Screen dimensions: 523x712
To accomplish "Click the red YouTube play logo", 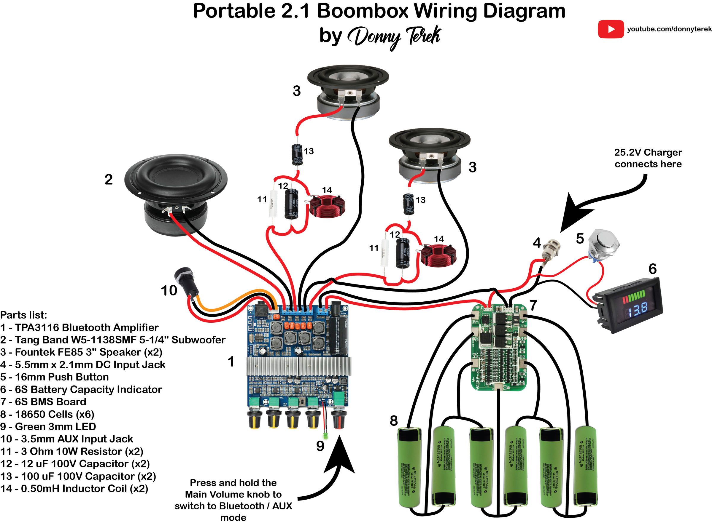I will click(x=610, y=29).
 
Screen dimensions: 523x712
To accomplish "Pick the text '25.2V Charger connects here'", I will click(x=648, y=158).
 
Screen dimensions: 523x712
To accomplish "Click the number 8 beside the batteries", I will click(x=394, y=421).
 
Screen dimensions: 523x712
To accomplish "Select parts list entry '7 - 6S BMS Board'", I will click(x=43, y=402).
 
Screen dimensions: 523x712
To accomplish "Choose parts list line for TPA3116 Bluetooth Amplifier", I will click(x=79, y=327).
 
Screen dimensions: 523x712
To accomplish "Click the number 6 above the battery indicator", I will click(x=652, y=269).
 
